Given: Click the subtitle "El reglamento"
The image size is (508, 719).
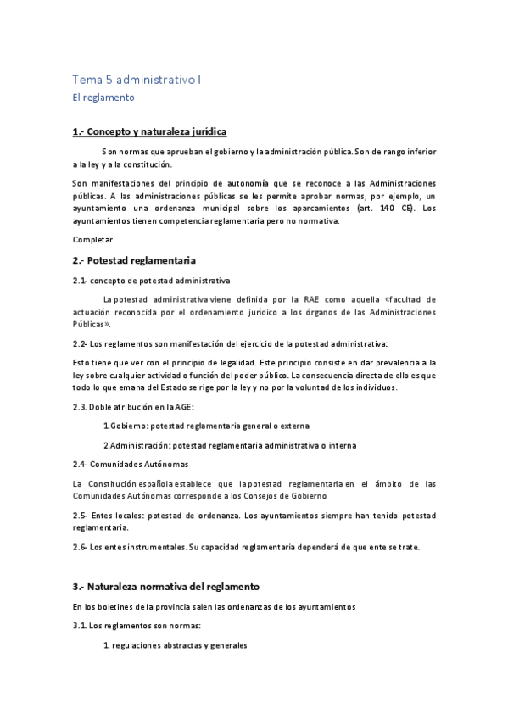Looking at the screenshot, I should click(103, 98).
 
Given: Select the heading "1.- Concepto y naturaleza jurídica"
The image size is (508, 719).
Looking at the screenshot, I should click(149, 131).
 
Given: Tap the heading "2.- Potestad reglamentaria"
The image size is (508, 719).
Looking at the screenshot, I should click(134, 259).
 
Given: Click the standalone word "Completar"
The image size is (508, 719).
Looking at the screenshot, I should click(92, 240).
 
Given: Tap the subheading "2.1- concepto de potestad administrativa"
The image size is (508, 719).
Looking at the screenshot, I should click(151, 281).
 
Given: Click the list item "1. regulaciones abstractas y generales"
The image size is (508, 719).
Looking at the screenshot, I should click(175, 645).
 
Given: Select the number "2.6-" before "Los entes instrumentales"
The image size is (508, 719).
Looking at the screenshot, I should click(81, 546).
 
